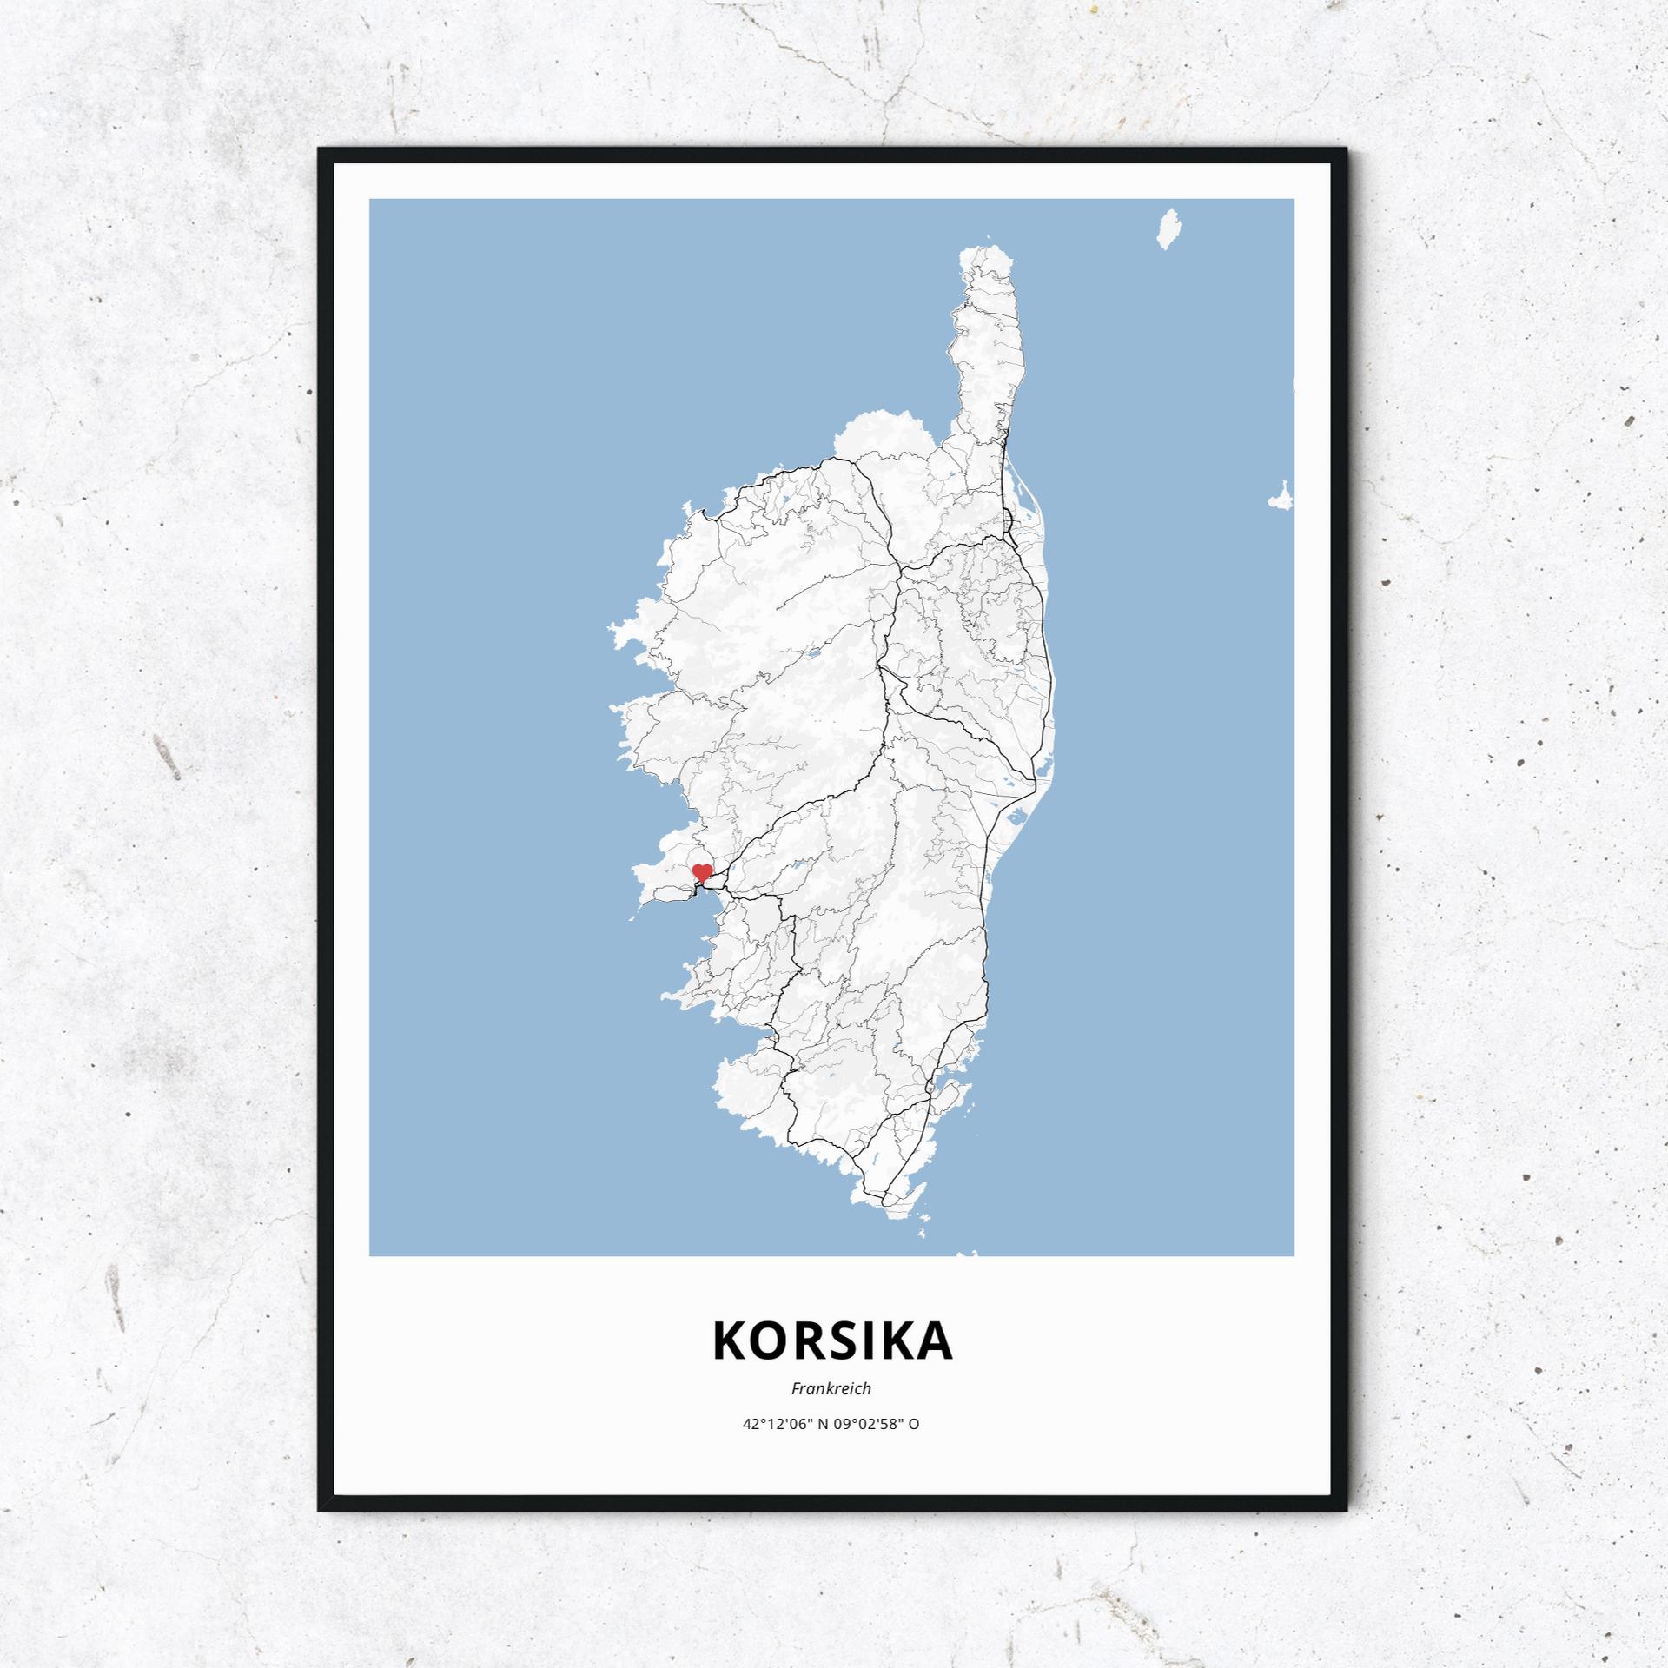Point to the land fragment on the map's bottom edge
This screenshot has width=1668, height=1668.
click(x=969, y=1254)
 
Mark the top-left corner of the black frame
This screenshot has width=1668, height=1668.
click(x=320, y=150)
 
